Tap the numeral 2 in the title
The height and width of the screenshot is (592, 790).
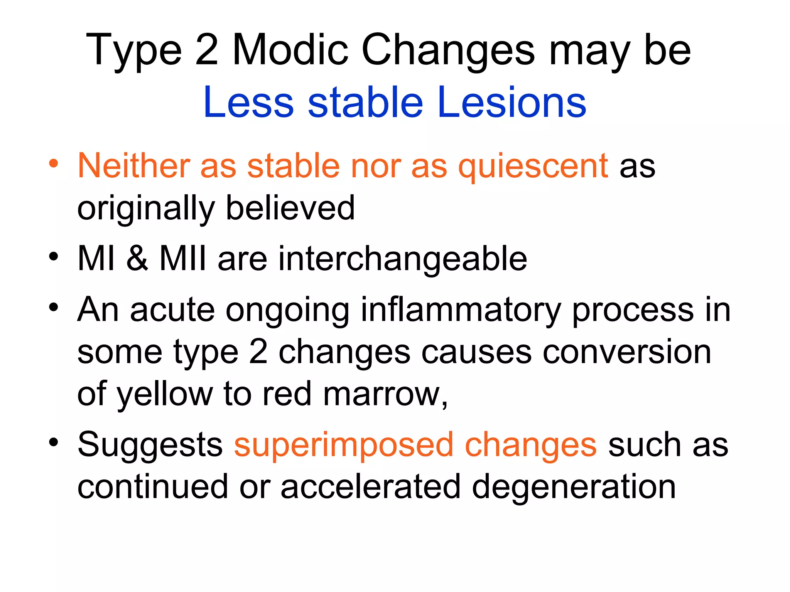(x=207, y=50)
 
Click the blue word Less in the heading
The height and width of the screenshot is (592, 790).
(x=248, y=103)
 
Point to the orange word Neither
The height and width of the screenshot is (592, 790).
(x=133, y=166)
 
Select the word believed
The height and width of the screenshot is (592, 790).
(x=290, y=208)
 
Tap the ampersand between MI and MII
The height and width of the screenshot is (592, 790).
(x=137, y=258)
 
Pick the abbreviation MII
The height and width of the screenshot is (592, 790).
(x=183, y=258)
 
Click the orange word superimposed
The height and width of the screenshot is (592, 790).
(x=344, y=445)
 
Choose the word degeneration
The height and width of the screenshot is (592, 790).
(x=574, y=488)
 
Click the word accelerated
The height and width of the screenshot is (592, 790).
(x=370, y=487)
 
